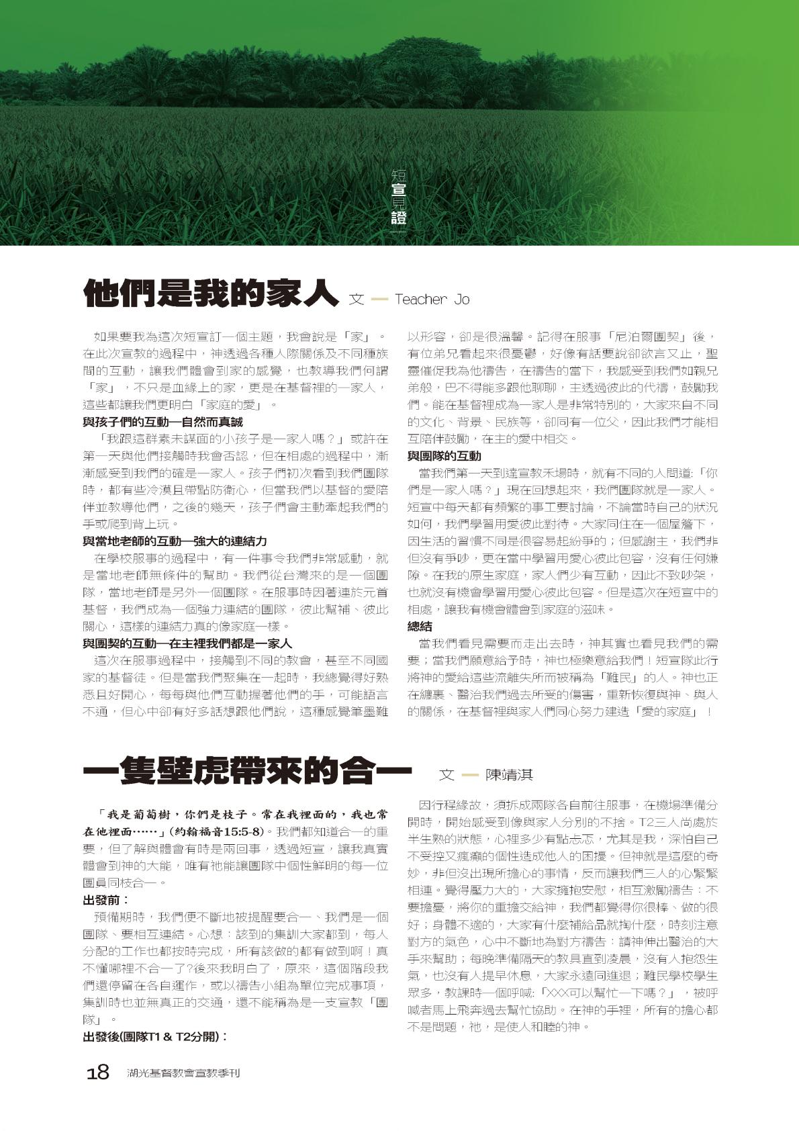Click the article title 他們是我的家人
pyautogui.click(x=209, y=295)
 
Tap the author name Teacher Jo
pyautogui.click(x=432, y=300)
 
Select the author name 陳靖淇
pyautogui.click(x=509, y=775)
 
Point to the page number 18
pyautogui.click(x=98, y=1073)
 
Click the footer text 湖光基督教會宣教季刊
pyautogui.click(x=183, y=1073)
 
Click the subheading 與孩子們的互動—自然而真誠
pyautogui.click(x=162, y=422)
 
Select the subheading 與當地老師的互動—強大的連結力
pyautogui.click(x=175, y=541)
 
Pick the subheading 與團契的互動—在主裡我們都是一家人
pyautogui.click(x=187, y=643)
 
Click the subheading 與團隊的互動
pyautogui.click(x=444, y=456)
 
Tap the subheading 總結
pyautogui.click(x=420, y=626)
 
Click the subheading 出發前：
pyautogui.click(x=106, y=900)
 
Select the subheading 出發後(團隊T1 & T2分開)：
pyautogui.click(x=155, y=1036)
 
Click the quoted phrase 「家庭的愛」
pyautogui.click(x=226, y=405)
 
